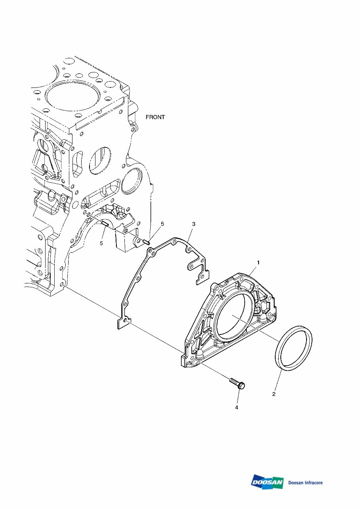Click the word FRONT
[155, 117]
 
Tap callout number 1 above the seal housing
[258, 262]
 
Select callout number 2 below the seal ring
[273, 394]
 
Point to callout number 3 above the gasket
[193, 224]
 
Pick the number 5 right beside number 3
[162, 224]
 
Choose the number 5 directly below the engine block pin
[101, 243]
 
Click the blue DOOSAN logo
[267, 482]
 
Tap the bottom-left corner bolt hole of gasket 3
[125, 321]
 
